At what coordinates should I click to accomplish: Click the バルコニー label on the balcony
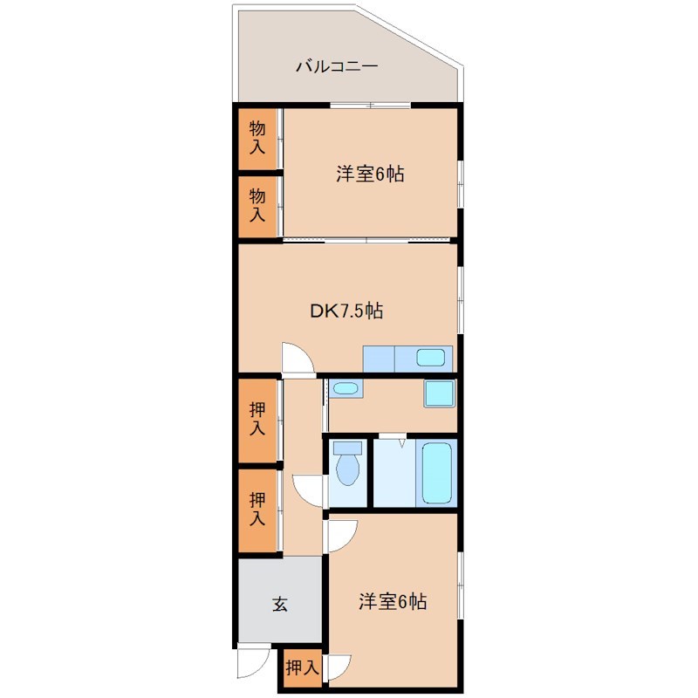[x=336, y=65]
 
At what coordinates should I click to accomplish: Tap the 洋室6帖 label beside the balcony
[x=370, y=174]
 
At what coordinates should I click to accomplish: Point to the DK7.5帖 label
[x=347, y=310]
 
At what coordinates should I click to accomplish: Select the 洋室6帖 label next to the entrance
[x=393, y=601]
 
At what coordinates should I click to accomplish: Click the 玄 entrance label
[x=279, y=603]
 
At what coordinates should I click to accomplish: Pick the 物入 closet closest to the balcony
[x=257, y=138]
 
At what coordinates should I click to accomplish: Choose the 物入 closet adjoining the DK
[x=257, y=205]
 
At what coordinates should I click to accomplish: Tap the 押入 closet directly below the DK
[x=257, y=419]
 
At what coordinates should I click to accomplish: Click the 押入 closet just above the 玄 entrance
[x=257, y=510]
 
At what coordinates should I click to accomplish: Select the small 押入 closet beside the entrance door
[x=302, y=668]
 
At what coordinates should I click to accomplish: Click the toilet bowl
[x=348, y=466]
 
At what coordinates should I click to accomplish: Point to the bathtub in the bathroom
[x=436, y=473]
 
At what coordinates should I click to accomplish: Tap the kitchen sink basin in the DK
[x=432, y=357]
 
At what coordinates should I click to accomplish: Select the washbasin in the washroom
[x=346, y=388]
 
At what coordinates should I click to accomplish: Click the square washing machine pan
[x=439, y=393]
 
